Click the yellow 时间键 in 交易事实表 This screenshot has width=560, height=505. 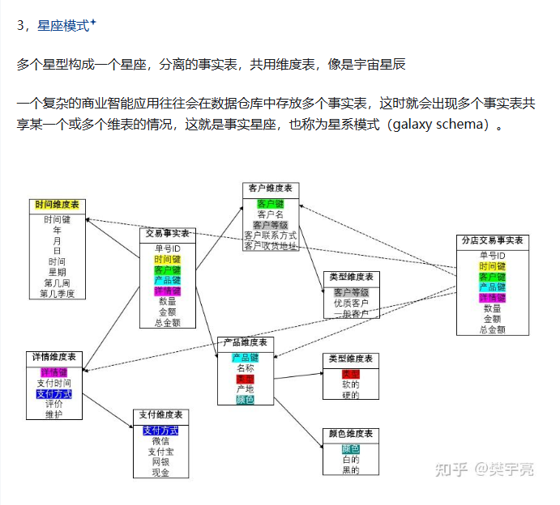click(x=167, y=259)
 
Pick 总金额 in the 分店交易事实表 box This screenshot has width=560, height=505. click(x=492, y=329)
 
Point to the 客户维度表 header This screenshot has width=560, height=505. click(x=271, y=189)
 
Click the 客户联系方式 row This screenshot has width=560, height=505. click(x=271, y=236)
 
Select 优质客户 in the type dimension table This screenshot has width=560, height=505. click(x=351, y=303)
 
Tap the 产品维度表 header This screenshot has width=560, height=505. click(x=246, y=343)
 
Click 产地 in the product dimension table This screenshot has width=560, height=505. click(x=246, y=389)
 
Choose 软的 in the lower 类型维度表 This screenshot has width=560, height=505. click(x=350, y=384)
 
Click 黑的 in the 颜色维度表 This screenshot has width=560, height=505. click(x=350, y=470)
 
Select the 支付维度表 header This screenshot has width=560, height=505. click(x=160, y=415)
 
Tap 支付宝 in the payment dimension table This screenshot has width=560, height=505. click(x=160, y=452)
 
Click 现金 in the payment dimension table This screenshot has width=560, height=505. click(x=160, y=473)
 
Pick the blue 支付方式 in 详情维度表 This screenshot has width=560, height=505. click(x=54, y=394)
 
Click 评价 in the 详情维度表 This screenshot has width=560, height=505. click(x=54, y=404)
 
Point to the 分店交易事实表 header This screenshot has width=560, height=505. click(x=492, y=240)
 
